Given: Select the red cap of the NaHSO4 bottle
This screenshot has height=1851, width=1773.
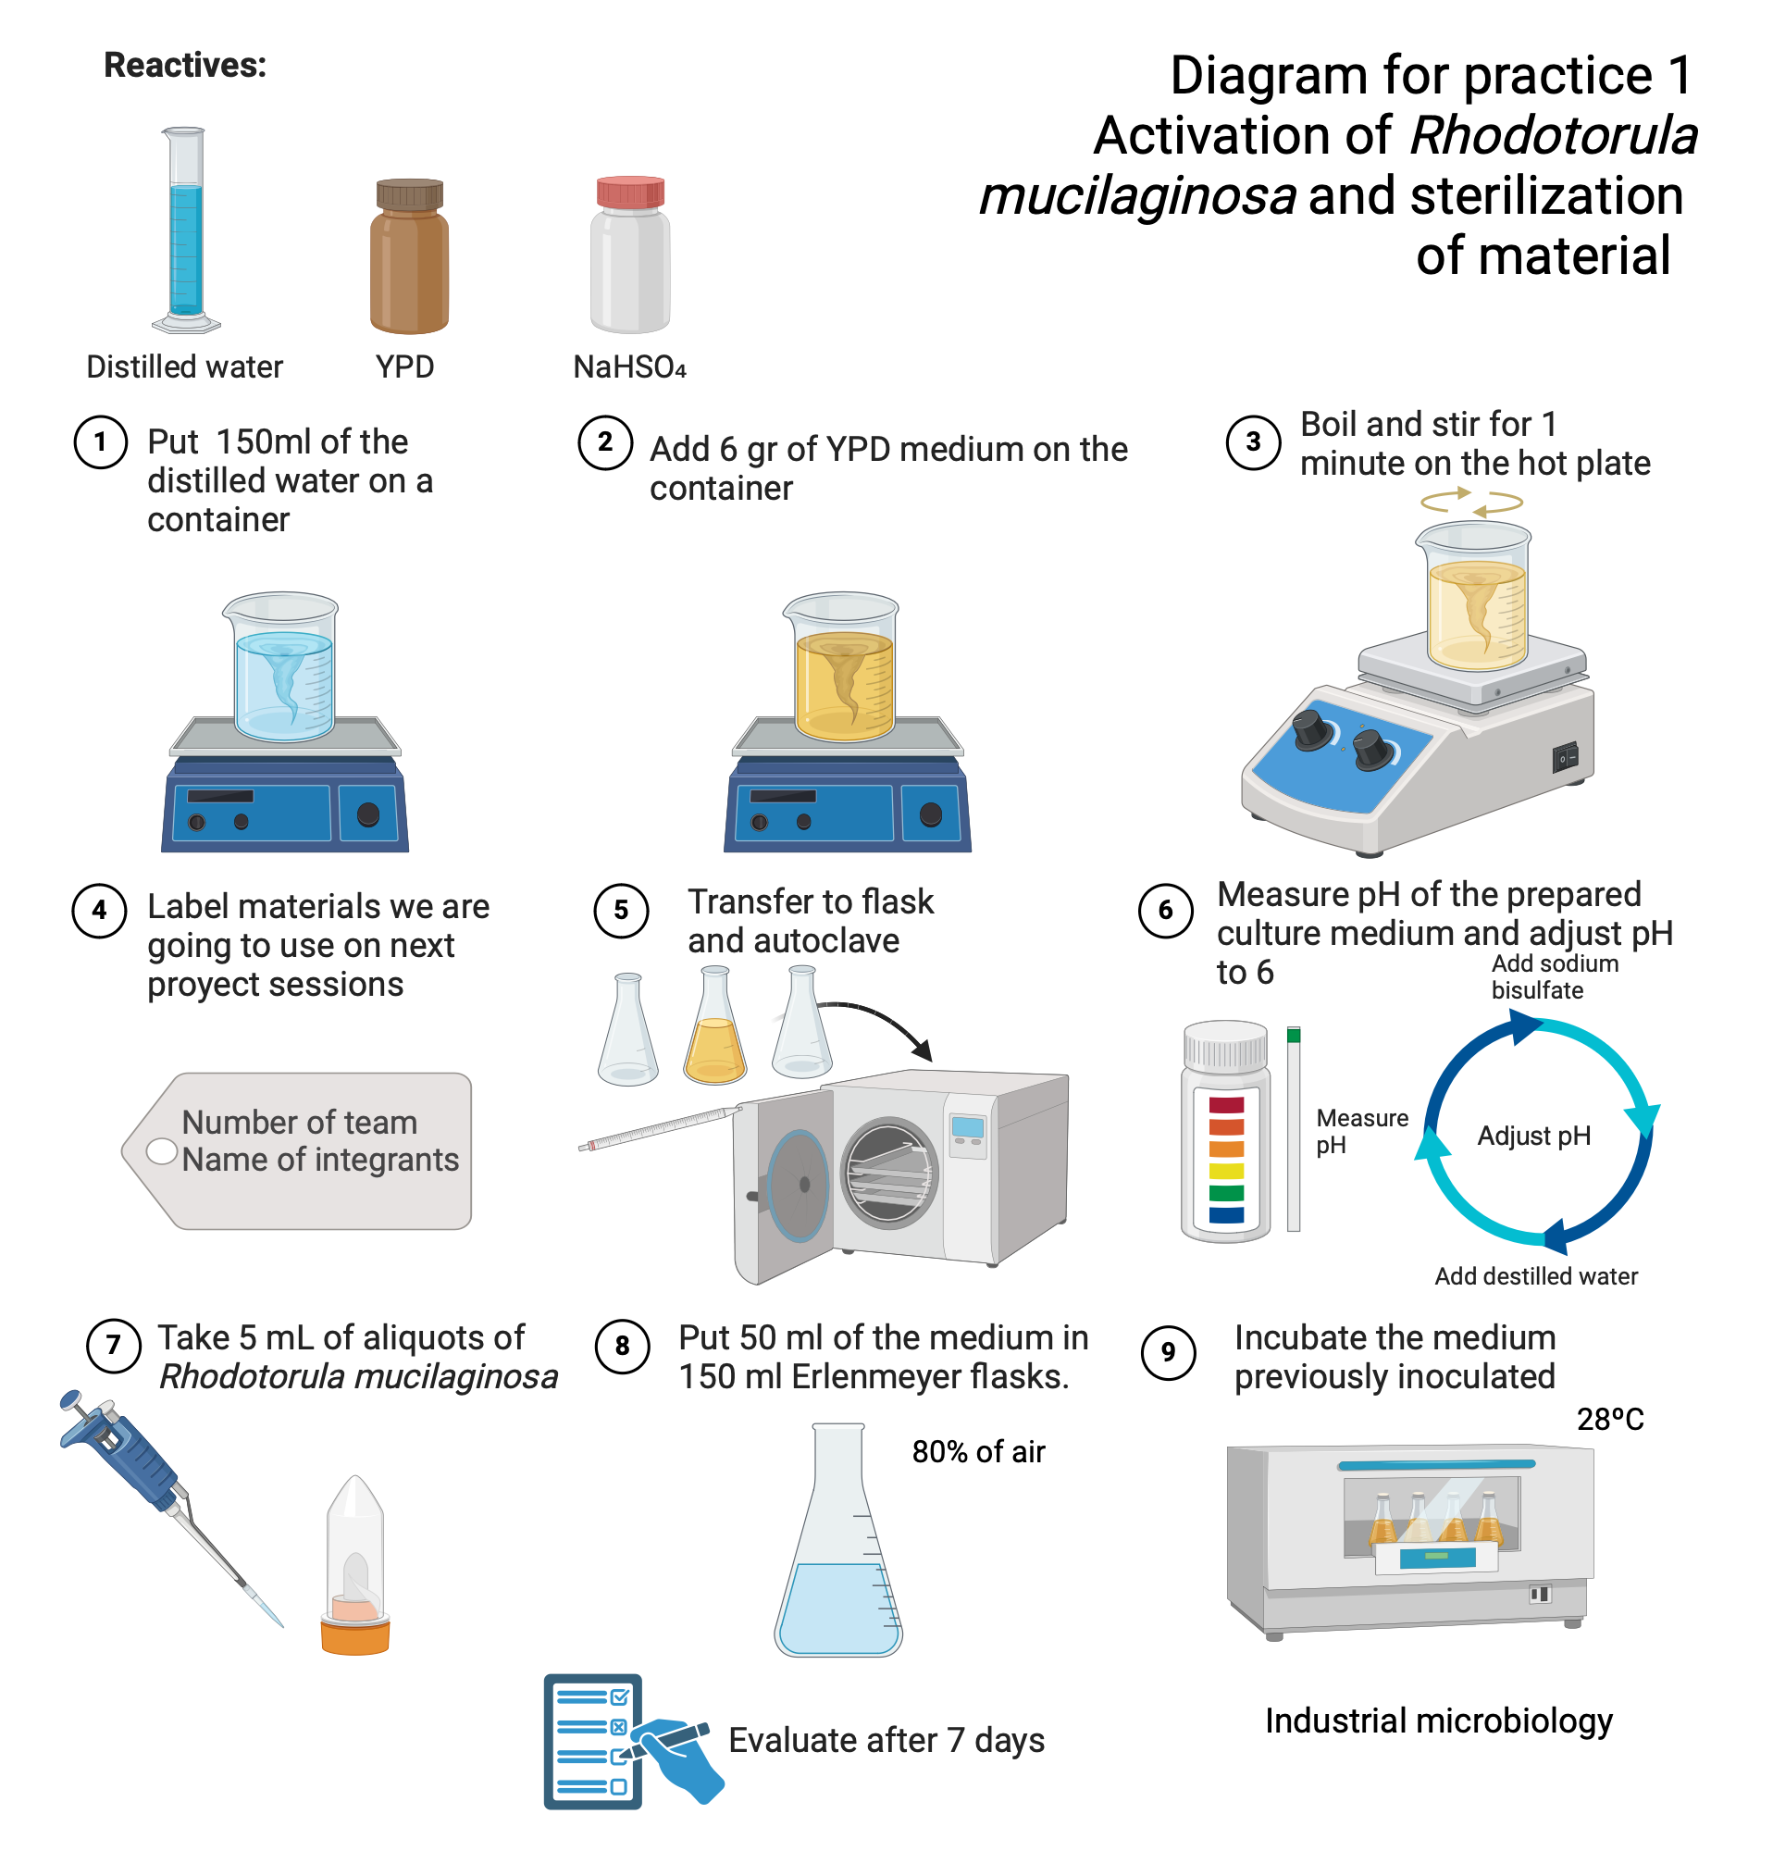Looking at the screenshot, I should point(629,192).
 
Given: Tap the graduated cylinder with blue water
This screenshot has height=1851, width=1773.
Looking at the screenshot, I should point(185,231).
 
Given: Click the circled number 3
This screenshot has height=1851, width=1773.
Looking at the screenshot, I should point(1252,441).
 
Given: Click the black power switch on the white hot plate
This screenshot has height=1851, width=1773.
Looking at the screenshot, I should point(1566,757).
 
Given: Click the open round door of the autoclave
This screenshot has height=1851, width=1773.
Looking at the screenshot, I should point(799,1186).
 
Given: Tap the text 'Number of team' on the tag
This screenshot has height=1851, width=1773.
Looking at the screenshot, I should point(298,1122).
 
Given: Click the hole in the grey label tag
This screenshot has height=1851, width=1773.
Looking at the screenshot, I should point(162,1151).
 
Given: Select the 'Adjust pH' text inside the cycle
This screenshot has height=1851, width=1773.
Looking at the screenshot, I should point(1533,1136).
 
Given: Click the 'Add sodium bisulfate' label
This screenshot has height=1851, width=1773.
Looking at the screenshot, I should point(1554,976).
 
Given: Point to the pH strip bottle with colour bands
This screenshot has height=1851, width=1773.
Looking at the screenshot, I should point(1225,1133).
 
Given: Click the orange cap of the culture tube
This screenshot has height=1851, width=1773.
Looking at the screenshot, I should point(355,1635).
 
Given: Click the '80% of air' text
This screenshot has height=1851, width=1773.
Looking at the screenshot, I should point(978,1451).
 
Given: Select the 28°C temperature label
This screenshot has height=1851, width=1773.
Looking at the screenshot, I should point(1609,1419).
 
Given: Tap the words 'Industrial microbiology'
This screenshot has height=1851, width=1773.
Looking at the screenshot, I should point(1438,1721).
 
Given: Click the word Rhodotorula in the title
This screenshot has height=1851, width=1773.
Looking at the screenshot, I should point(1553,135).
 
